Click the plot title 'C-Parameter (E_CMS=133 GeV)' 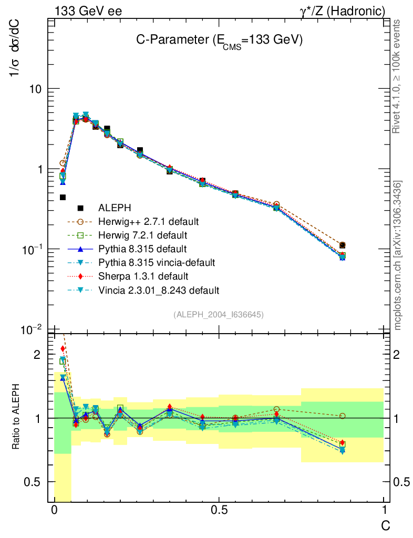click(217, 42)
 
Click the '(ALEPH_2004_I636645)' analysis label click(218, 314)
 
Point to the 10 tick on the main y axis click(35, 89)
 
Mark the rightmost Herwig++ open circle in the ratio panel click(343, 416)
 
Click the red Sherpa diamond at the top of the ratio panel click(63, 349)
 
